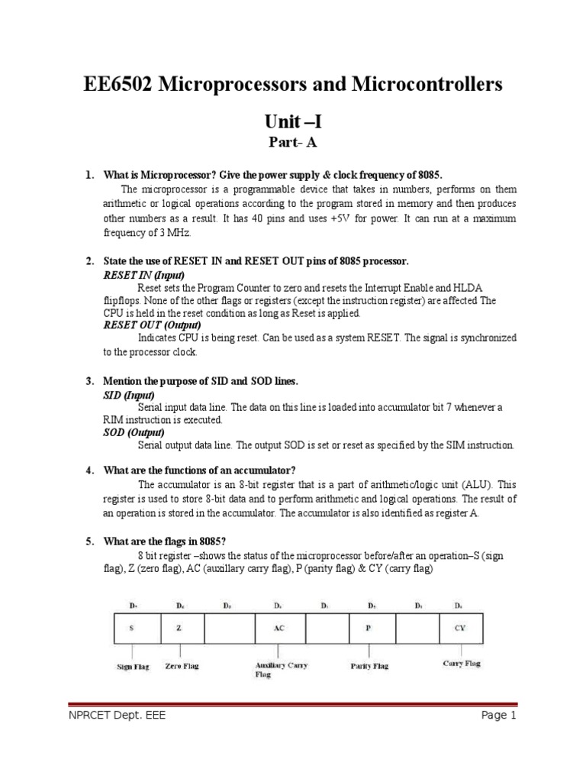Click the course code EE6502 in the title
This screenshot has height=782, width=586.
[119, 85]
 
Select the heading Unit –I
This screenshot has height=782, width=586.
[292, 121]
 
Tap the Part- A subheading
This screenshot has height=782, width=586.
[292, 142]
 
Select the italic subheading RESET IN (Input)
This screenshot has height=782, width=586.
[143, 274]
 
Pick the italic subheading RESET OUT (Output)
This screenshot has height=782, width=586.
[152, 325]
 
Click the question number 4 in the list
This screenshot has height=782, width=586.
[89, 470]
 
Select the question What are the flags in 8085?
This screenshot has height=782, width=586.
[166, 541]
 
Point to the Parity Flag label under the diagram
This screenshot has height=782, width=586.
[369, 666]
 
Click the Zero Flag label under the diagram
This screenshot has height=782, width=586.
[182, 666]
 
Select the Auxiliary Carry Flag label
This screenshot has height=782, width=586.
[280, 670]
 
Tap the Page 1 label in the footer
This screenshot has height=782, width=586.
[499, 716]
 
